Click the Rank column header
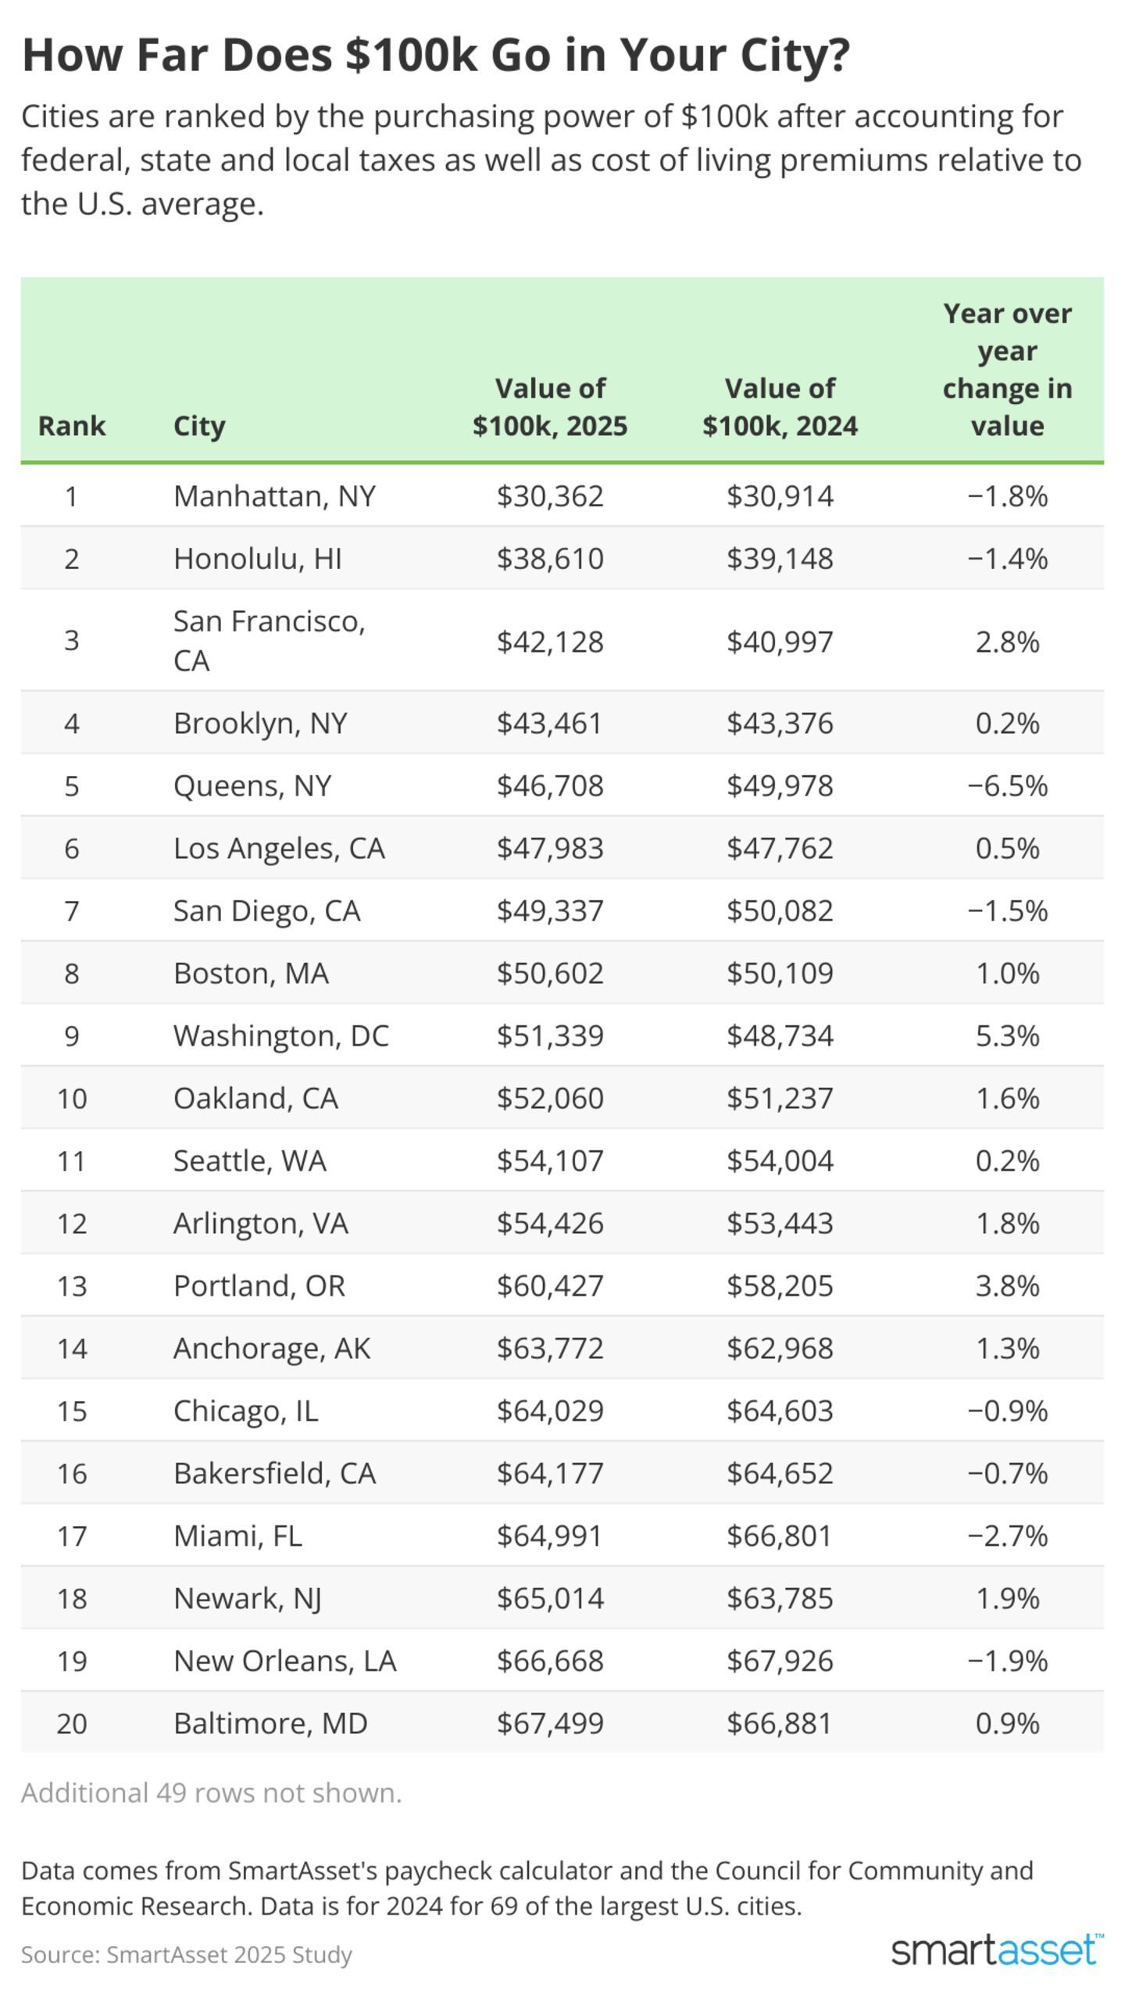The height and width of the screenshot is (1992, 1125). [x=71, y=426]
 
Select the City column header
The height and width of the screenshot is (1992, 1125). [x=199, y=426]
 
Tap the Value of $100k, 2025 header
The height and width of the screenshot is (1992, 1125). [x=550, y=407]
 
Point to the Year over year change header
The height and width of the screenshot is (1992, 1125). [x=1007, y=370]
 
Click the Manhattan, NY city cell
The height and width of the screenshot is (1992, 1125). [x=274, y=496]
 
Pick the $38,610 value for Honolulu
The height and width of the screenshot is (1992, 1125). [x=550, y=559]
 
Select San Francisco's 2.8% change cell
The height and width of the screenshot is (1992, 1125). [x=1007, y=642]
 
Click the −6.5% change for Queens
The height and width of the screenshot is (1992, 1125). [x=1007, y=785]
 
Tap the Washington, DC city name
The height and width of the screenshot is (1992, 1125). [x=280, y=1035]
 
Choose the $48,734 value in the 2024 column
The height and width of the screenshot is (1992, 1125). [x=780, y=1035]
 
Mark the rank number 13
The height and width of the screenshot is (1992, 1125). [x=71, y=1286]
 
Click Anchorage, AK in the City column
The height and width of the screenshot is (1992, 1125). [x=271, y=1348]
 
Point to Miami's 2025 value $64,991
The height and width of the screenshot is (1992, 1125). [x=550, y=1536]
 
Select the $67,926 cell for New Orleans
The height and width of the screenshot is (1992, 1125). [x=780, y=1661]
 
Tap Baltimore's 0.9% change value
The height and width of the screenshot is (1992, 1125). [x=1007, y=1723]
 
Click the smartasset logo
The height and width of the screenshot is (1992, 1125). [x=997, y=1951]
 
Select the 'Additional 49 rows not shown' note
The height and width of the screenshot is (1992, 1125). [x=211, y=1793]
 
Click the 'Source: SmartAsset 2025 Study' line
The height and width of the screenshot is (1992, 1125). [x=186, y=1954]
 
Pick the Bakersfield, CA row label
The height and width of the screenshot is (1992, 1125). [x=274, y=1473]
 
